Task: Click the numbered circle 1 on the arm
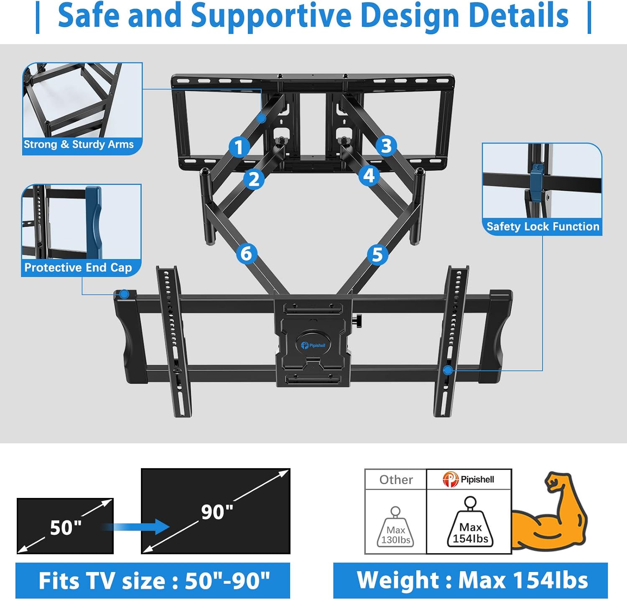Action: pos(239,147)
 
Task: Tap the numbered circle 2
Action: pos(254,179)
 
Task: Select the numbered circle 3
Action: pos(386,146)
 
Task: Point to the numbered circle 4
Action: pos(369,175)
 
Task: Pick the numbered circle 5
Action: pos(377,254)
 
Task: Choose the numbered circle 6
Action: pos(246,254)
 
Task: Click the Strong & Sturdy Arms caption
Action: pos(79,144)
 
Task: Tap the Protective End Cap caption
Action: pos(78,267)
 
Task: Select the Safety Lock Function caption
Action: pos(543,226)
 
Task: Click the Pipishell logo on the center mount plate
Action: pos(313,345)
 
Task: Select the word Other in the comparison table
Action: pos(396,479)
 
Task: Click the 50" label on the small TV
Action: pos(66,528)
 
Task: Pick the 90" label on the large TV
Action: pos(217,512)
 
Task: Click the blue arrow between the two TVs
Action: pos(138,526)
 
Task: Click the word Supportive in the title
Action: pos(271,15)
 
